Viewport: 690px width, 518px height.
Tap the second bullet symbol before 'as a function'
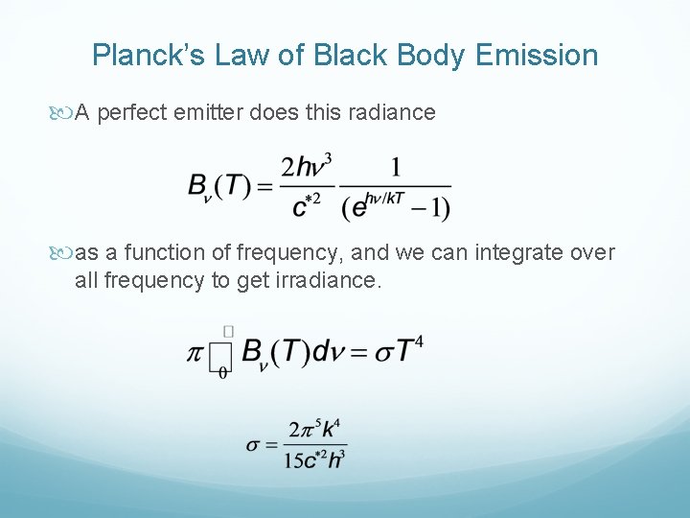[65, 253]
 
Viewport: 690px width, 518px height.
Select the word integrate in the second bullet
[508, 253]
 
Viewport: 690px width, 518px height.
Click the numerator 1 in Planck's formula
[395, 168]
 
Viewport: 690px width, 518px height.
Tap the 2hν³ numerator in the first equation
[310, 168]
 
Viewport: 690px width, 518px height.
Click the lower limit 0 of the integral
[223, 374]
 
